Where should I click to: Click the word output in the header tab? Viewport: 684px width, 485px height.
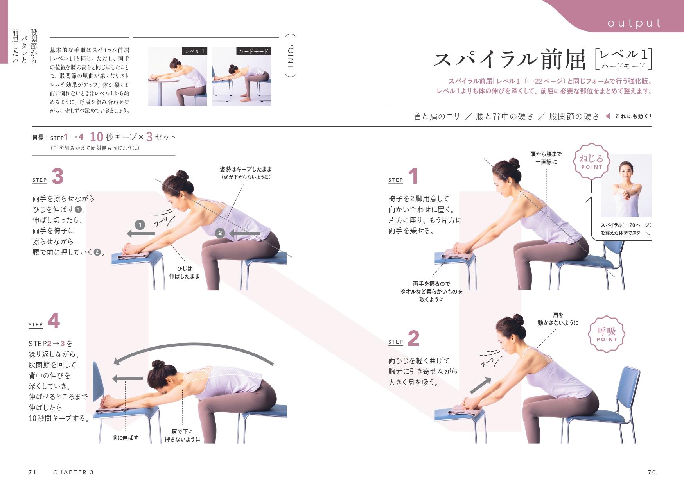634,23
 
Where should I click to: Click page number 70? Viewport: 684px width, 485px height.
652,472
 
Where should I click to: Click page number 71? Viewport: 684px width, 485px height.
32,472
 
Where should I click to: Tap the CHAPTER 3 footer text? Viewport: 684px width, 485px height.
74,472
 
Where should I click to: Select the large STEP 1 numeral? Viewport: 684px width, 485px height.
413,176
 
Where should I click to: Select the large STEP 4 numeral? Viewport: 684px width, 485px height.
54,321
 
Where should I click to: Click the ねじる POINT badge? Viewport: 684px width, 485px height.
591,161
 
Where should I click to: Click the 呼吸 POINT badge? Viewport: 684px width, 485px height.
606,334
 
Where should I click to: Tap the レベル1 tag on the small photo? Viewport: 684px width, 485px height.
195,51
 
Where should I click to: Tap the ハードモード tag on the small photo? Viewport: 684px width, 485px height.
253,51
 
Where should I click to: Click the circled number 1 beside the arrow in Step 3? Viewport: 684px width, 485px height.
140,225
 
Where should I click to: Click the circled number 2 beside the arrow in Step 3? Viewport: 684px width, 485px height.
220,233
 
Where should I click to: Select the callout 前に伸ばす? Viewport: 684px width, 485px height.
125,438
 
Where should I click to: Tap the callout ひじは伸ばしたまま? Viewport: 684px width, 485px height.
184,272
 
